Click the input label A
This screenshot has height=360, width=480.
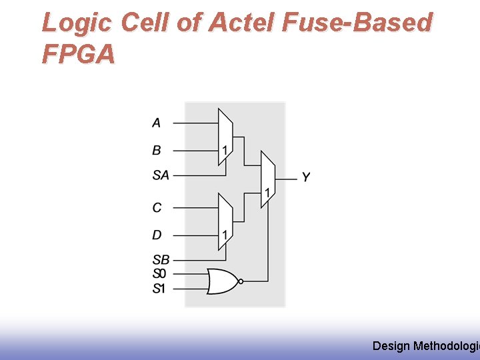[x=156, y=123]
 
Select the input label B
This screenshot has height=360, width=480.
[x=156, y=151]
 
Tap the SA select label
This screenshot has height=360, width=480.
[x=160, y=175]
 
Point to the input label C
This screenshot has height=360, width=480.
[x=157, y=207]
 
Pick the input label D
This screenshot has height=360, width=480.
[x=157, y=235]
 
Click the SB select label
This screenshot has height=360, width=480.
[x=160, y=260]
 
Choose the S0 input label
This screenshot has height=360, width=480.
[x=159, y=273]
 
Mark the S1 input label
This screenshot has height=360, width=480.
[x=159, y=289]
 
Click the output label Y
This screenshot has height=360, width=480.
[x=305, y=177]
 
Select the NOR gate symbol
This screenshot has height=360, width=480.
[x=222, y=281]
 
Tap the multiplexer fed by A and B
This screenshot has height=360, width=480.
[x=225, y=137]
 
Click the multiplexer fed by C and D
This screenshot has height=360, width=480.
[x=225, y=221]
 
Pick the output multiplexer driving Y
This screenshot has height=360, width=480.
[x=267, y=179]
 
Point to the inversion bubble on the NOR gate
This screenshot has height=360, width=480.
[x=241, y=281]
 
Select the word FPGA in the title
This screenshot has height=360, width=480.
[x=78, y=54]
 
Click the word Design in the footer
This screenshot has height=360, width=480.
[x=391, y=345]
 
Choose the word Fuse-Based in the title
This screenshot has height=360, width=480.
[x=357, y=23]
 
